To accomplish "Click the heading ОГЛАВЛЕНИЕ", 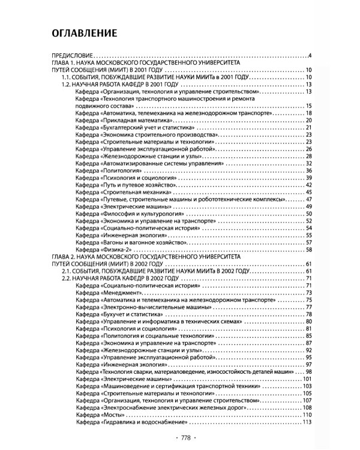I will click(x=83, y=32).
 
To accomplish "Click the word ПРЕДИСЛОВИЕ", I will click(x=73, y=57).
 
